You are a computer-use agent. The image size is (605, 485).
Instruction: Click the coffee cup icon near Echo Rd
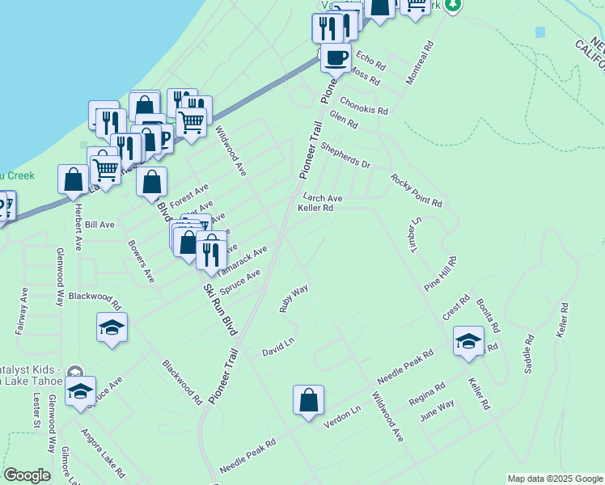coord(336,57)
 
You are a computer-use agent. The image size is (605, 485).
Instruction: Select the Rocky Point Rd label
coord(416,191)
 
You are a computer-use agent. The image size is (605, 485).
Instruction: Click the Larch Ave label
coord(323,197)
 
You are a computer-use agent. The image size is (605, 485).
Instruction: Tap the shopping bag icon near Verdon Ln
coord(308,400)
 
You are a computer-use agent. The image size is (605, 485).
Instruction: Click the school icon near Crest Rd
coord(468,340)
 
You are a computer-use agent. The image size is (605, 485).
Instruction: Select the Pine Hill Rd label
coord(441,274)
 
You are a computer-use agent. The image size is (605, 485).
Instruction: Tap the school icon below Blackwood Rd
coord(112,327)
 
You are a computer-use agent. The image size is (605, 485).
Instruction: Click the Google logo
coord(27,475)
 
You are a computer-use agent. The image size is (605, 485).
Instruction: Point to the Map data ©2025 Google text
coord(555,479)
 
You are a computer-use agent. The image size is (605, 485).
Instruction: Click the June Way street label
coord(437,411)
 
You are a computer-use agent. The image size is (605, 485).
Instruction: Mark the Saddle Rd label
coord(530,353)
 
